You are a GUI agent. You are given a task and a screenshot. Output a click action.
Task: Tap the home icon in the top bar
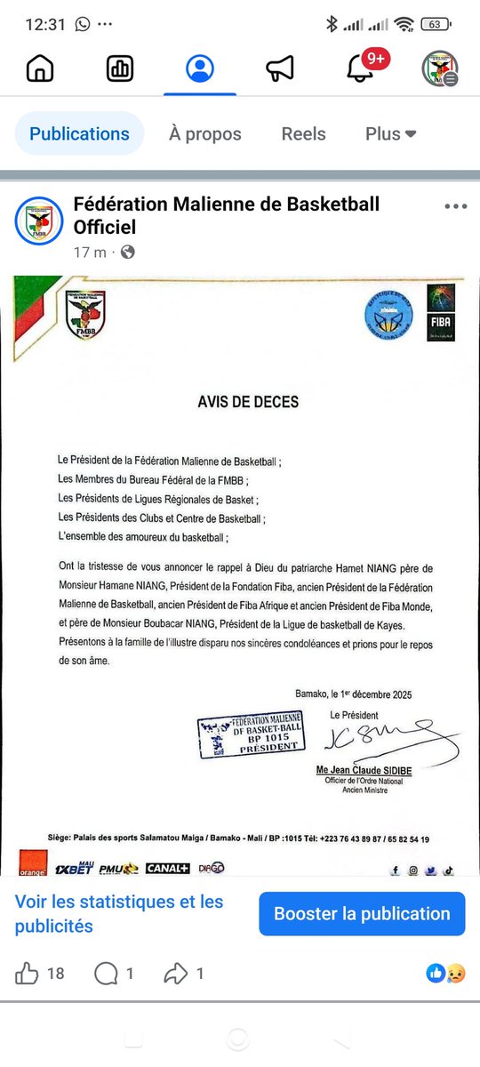[40, 68]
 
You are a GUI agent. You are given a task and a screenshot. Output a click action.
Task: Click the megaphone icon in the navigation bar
[280, 68]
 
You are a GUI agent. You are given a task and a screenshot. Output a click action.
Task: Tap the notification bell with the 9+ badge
[360, 68]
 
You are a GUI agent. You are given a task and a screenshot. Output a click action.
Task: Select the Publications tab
[79, 134]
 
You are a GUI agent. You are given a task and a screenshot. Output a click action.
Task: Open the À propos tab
[205, 134]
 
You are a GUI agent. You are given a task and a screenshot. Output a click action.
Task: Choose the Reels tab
[303, 134]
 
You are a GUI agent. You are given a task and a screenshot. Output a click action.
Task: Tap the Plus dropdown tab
[391, 134]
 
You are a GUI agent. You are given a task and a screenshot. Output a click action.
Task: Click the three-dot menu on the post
[455, 206]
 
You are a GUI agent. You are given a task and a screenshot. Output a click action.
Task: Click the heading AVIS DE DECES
[248, 402]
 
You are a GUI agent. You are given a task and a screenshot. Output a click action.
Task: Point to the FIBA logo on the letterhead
[441, 314]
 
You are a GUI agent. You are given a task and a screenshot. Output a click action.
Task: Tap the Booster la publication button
[362, 913]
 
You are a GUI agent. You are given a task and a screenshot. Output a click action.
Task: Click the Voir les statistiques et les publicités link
[119, 913]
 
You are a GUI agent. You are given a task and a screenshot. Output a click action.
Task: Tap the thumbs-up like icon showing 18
[28, 974]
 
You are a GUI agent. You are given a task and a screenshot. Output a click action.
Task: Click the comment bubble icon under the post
[106, 974]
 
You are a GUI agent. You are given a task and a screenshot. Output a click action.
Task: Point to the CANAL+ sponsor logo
[168, 868]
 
